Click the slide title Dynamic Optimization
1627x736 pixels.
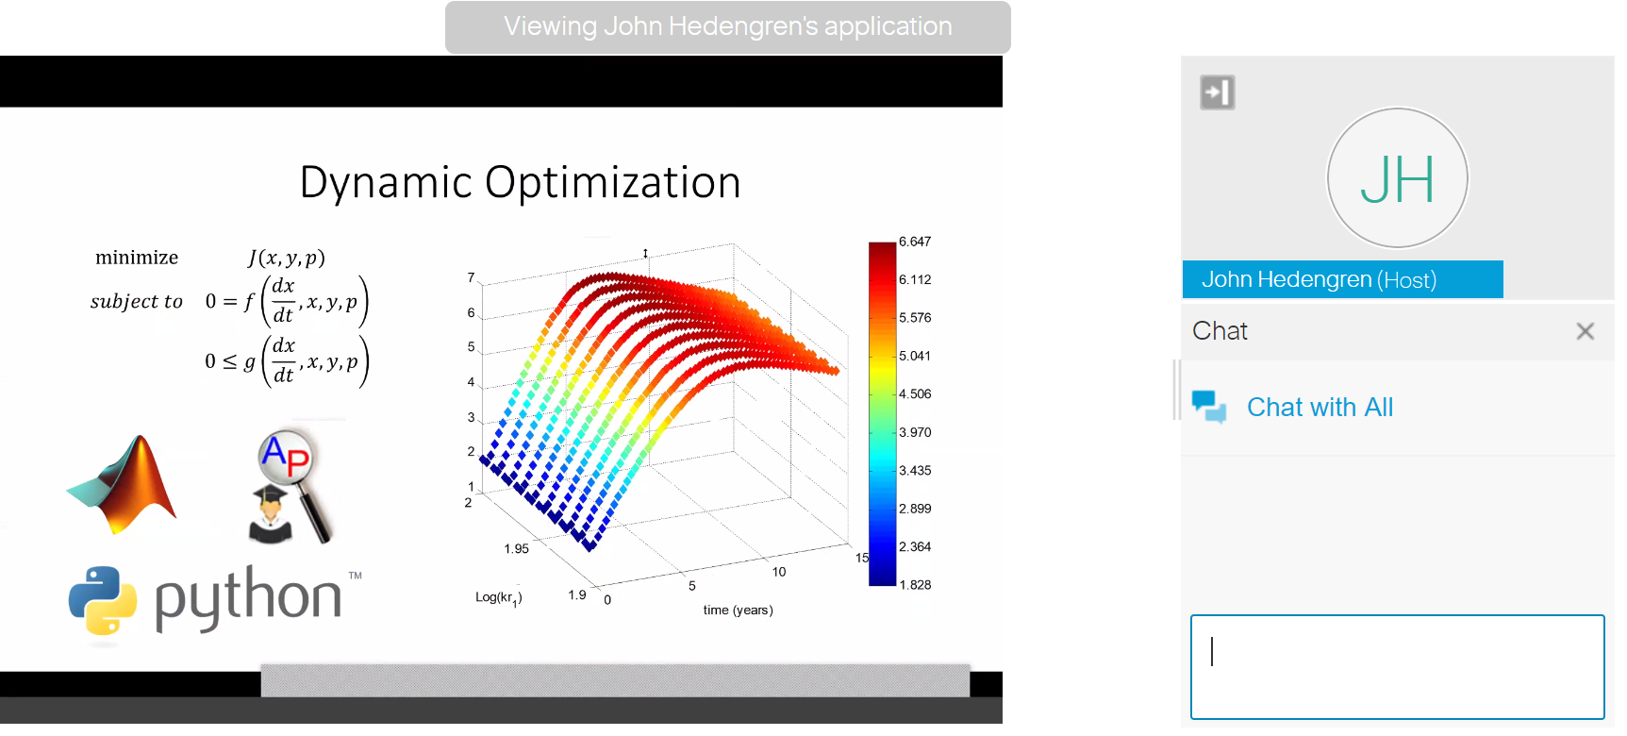click(x=520, y=183)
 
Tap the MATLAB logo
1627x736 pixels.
click(x=123, y=485)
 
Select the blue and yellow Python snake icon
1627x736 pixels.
click(x=103, y=600)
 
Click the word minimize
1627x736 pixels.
click(x=137, y=258)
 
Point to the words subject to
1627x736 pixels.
click(x=137, y=302)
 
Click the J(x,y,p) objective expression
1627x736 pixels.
click(x=287, y=258)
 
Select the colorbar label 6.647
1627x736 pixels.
click(x=915, y=242)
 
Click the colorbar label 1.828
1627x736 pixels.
click(x=915, y=585)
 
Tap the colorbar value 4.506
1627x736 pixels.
click(x=915, y=394)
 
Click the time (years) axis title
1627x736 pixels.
click(x=738, y=611)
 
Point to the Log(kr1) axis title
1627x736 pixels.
click(x=499, y=598)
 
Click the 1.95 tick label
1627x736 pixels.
click(x=517, y=549)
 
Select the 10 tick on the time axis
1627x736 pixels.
click(x=779, y=572)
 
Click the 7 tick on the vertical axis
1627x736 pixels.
click(x=472, y=277)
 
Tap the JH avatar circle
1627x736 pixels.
click(x=1398, y=178)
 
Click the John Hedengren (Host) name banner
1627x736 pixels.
click(x=1343, y=279)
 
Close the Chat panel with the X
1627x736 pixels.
click(x=1585, y=331)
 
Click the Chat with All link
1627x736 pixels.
click(x=1320, y=408)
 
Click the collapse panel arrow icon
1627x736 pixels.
click(x=1218, y=92)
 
